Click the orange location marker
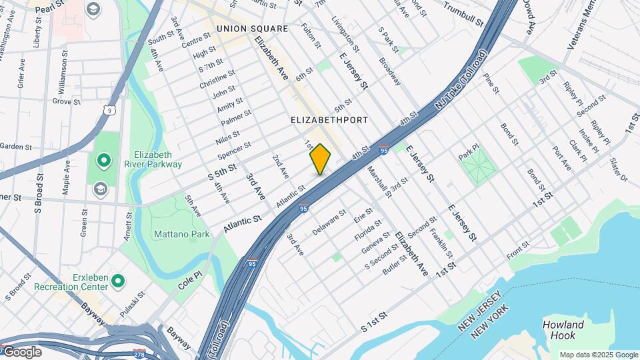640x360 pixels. coord(320,159)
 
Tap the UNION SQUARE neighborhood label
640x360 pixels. coord(252,29)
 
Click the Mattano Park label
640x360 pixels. coord(181,234)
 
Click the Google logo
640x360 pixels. coord(21,352)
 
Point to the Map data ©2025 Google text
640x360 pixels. coord(598,355)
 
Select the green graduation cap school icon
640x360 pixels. coord(100,186)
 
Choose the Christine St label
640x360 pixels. coord(217,79)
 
